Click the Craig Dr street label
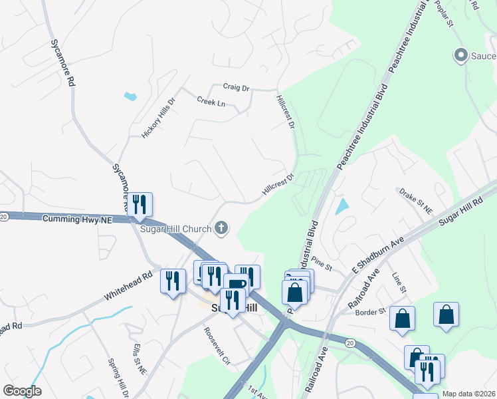(x=236, y=87)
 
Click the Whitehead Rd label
(x=129, y=287)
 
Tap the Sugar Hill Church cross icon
(x=222, y=229)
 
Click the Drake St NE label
(x=416, y=201)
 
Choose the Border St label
(x=371, y=312)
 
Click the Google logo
(x=22, y=391)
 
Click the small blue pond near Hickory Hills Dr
(x=130, y=96)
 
